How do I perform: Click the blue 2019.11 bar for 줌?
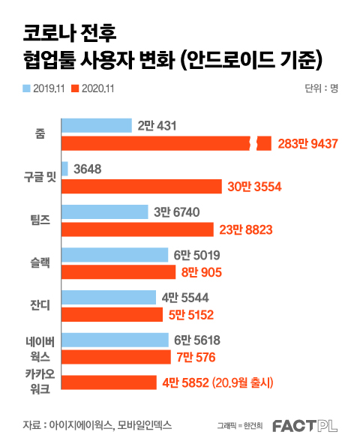pyautogui.click(x=97, y=126)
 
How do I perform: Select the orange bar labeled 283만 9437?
pyautogui.click(x=166, y=143)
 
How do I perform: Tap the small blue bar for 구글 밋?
pyautogui.click(x=64, y=169)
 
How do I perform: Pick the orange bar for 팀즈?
pyautogui.click(x=137, y=229)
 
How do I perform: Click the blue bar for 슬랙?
pyautogui.click(x=115, y=255)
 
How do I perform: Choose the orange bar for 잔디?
pyautogui.click(x=112, y=314)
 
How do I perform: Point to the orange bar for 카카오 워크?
pyautogui.click(x=109, y=382)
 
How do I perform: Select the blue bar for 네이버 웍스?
pyautogui.click(x=115, y=340)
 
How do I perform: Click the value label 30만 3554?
pyautogui.click(x=254, y=187)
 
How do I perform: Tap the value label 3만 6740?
pyautogui.click(x=177, y=212)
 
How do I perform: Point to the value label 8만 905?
pyautogui.click(x=202, y=272)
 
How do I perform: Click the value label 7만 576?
pyautogui.click(x=196, y=357)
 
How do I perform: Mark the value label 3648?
pyautogui.click(x=88, y=169)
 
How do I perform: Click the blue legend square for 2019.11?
pyautogui.click(x=26, y=88)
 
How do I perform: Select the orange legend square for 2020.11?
pyautogui.click(x=75, y=88)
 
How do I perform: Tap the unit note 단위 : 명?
pyautogui.click(x=322, y=88)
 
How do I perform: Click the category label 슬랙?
pyautogui.click(x=40, y=262)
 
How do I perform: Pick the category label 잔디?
pyautogui.click(x=40, y=305)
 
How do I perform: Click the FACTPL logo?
pyautogui.click(x=305, y=426)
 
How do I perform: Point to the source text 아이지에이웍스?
pyautogui.click(x=81, y=425)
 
